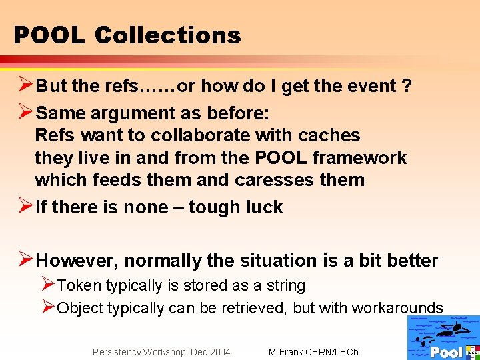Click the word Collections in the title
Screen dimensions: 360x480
click(167, 35)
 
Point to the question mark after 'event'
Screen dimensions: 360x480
click(407, 86)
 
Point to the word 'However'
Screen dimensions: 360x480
click(77, 260)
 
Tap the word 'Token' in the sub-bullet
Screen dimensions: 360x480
click(79, 285)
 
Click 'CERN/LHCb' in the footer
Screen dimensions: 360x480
click(333, 352)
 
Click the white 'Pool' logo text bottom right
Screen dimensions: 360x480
click(446, 352)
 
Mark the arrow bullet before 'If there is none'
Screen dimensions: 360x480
click(23, 207)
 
